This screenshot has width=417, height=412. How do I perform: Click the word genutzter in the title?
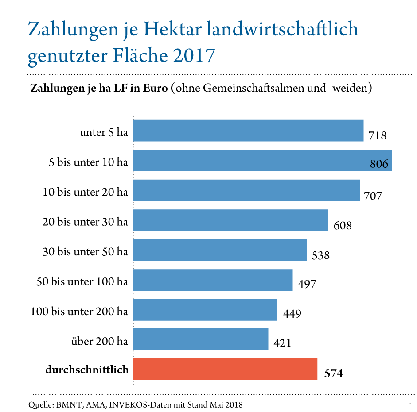pyautogui.click(x=61, y=57)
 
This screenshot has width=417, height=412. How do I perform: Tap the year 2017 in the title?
pyautogui.click(x=193, y=56)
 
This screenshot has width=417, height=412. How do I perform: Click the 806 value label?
pyautogui.click(x=379, y=164)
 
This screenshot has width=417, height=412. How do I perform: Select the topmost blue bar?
pyautogui.click(x=248, y=131)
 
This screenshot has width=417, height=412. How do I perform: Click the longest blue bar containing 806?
pyautogui.click(x=248, y=160)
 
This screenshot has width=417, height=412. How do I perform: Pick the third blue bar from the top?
pyautogui.click(x=246, y=190)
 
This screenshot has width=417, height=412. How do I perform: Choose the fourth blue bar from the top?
pyautogui.click(x=230, y=220)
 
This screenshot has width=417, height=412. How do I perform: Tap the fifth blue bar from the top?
pyautogui.click(x=220, y=250)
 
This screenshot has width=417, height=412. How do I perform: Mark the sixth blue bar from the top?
pyautogui.click(x=213, y=280)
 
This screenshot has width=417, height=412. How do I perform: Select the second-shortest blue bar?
pyautogui.click(x=205, y=310)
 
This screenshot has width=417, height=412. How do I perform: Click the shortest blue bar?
pyautogui.click(x=201, y=339)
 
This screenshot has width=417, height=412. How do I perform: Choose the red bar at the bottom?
pyautogui.click(x=225, y=369)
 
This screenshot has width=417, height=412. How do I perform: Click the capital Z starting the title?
pyautogui.click(x=33, y=30)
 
